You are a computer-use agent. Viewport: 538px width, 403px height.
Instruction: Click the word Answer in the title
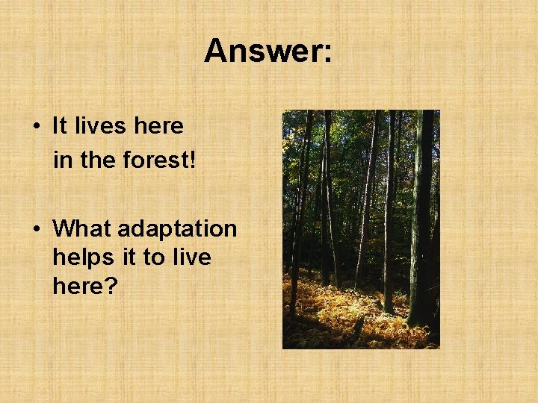tap(262, 51)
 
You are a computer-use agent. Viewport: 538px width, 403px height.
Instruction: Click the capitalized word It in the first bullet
tap(60, 126)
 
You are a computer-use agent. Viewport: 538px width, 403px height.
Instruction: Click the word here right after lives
tap(158, 126)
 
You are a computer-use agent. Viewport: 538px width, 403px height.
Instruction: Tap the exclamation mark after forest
tap(192, 159)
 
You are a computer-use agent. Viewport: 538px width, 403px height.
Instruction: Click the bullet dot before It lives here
tap(37, 127)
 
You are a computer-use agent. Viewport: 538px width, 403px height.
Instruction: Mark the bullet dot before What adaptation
tap(37, 229)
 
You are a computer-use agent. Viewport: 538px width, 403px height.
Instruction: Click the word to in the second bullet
tap(153, 257)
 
